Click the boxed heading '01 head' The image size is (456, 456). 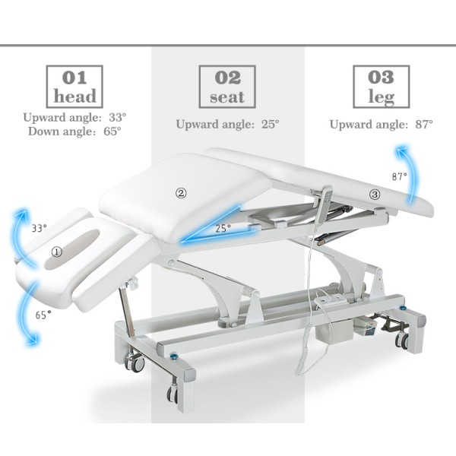[x=75, y=87]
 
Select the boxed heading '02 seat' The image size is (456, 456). [x=227, y=87]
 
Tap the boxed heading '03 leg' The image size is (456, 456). [x=381, y=87]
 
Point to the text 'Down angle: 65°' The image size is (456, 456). [x=74, y=131]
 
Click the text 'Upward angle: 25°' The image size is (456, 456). [x=227, y=124]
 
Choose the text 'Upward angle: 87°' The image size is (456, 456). [x=381, y=124]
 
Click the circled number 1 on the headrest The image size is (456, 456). [x=58, y=250]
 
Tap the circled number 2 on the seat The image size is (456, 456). [x=181, y=193]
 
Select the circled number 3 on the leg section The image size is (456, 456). [x=375, y=195]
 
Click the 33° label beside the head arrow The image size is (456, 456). [x=40, y=227]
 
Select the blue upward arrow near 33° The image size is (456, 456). [x=21, y=232]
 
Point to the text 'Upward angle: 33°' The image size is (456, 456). [x=74, y=118]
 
